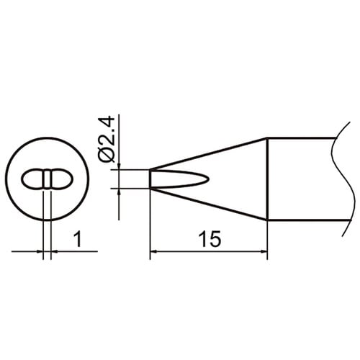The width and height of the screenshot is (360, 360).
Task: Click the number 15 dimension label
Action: tap(210, 239)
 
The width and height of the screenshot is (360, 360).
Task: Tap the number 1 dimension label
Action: tap(78, 239)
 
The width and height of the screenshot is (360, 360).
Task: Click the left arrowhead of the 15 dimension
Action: tap(153, 251)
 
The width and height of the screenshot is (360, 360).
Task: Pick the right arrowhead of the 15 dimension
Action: tap(264, 251)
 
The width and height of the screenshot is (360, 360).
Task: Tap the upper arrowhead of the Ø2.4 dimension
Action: tap(119, 166)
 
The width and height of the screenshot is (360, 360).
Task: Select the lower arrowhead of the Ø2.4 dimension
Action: tap(119, 192)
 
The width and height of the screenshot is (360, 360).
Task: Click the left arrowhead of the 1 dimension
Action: tap(40, 251)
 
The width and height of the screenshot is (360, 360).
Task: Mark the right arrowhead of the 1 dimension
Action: tap(54, 251)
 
